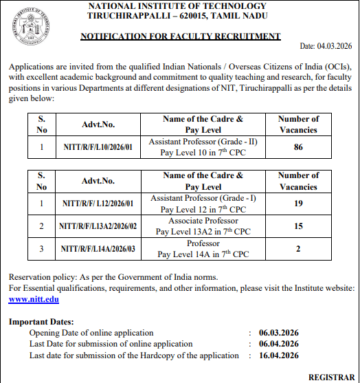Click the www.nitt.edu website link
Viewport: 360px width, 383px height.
click(x=33, y=300)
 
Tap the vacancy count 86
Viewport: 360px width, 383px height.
click(x=298, y=146)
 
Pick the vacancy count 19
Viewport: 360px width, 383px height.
click(x=298, y=204)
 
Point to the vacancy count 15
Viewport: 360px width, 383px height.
click(x=298, y=226)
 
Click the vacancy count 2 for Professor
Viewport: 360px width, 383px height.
click(x=298, y=249)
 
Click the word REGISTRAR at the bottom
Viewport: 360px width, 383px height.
click(x=331, y=377)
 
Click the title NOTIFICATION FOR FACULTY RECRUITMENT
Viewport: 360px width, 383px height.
click(x=180, y=36)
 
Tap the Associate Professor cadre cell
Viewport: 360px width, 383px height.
click(x=203, y=226)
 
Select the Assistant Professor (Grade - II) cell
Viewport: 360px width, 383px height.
click(x=203, y=146)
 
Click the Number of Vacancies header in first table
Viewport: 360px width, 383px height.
click(x=298, y=124)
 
